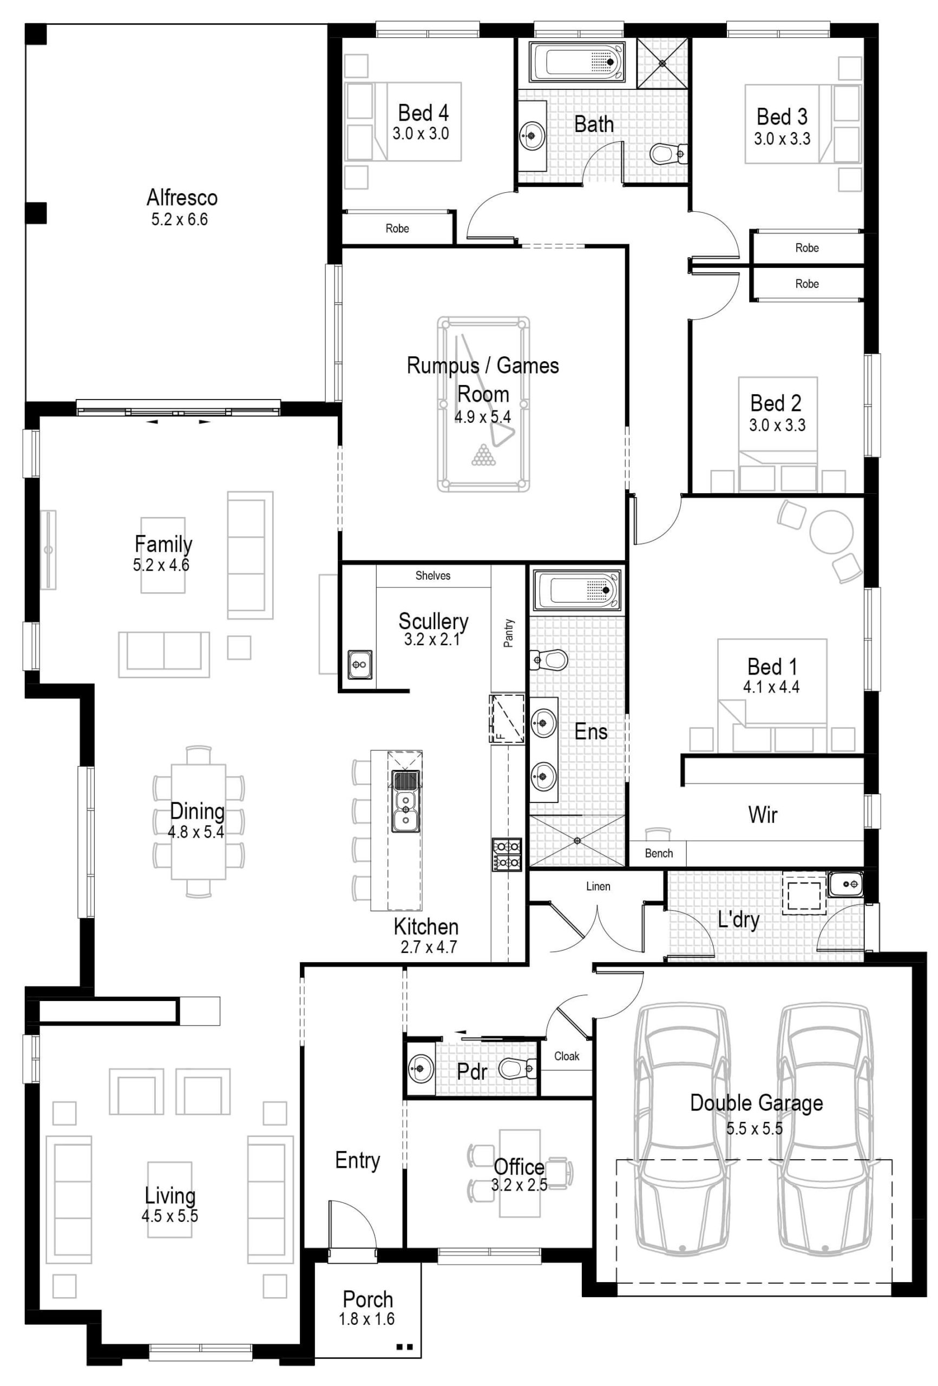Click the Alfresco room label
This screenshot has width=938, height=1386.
point(182,198)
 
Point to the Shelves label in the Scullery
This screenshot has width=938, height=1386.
point(432,576)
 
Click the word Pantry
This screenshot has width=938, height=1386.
point(509,633)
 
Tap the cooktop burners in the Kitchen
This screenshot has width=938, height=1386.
point(506,854)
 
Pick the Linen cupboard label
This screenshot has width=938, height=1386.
point(598,886)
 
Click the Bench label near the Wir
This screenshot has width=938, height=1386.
point(658,853)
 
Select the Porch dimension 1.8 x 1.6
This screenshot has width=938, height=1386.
point(367,1319)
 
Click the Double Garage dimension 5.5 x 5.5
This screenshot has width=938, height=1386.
point(754,1128)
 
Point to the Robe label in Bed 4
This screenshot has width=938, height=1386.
point(397,228)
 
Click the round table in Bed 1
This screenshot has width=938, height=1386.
point(831,531)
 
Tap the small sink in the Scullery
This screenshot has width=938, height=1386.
point(359,664)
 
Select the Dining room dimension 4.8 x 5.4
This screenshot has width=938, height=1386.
point(196,832)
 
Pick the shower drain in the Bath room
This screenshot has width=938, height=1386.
point(662,63)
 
